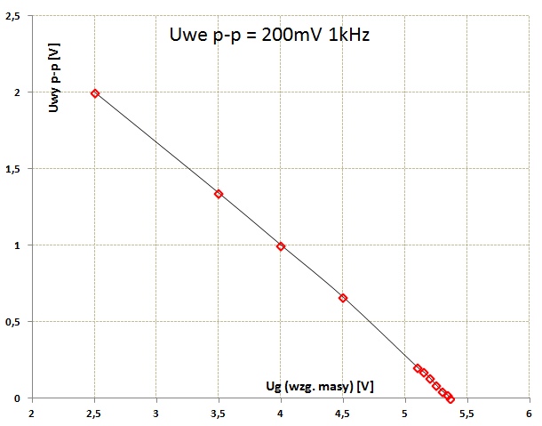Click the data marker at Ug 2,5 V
95,93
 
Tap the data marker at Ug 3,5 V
219,194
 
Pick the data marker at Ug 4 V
281,246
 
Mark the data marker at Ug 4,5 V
343,298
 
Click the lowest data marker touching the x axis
450,399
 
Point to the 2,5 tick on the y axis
13,17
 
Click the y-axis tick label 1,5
13,169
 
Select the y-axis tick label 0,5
13,322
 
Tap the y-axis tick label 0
19,398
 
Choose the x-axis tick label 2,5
94,414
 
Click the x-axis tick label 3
156,414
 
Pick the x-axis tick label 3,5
219,414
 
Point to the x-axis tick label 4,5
343,414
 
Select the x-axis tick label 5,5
467,414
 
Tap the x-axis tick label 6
530,414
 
